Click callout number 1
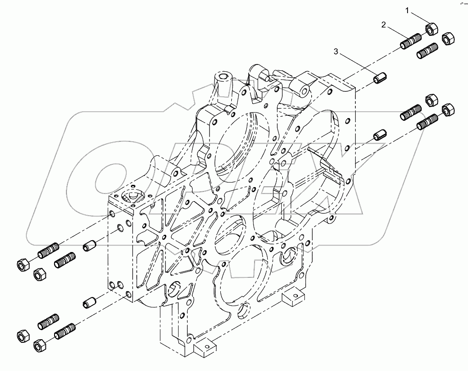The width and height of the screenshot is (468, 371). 408,10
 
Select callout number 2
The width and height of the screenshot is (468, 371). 383,25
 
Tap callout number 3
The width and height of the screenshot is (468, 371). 336,52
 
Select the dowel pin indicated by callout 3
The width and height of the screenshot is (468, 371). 379,79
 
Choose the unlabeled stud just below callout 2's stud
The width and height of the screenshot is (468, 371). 427,49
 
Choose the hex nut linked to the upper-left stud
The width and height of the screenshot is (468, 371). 22,263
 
